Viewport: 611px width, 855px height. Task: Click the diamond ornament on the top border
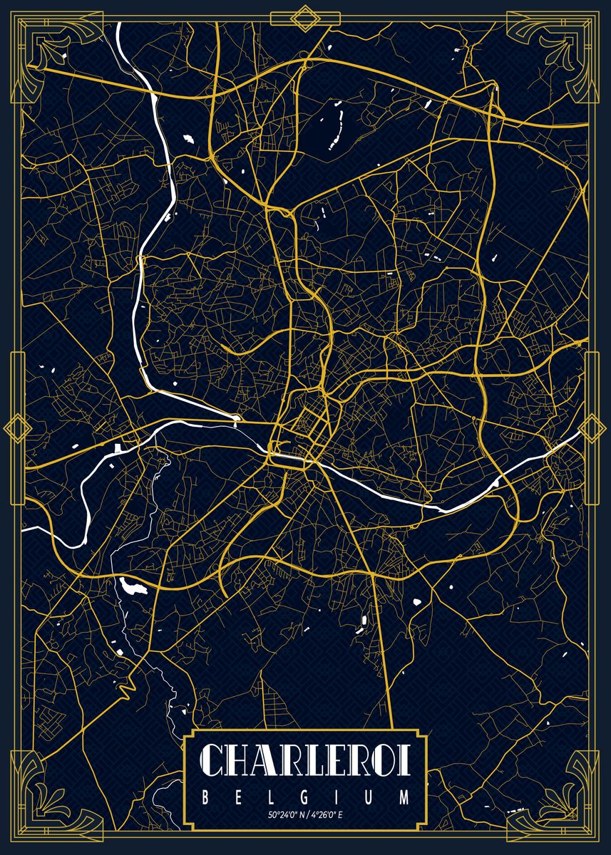(x=305, y=17)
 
